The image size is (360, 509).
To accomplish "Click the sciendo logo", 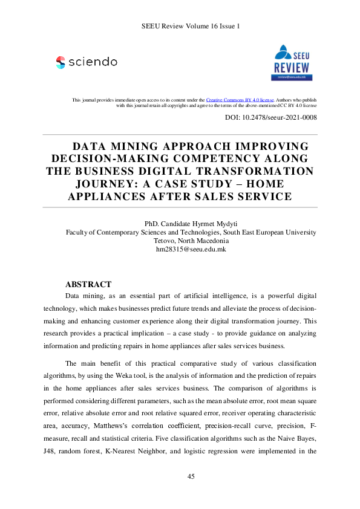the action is pyautogui.click(x=87, y=62).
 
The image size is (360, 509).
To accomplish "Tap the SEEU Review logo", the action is pyautogui.click(x=293, y=62).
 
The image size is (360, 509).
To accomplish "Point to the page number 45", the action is pyautogui.click(x=191, y=477).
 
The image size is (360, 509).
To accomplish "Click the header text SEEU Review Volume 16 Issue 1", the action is pyautogui.click(x=191, y=27).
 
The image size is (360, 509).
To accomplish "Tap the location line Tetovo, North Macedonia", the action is pyautogui.click(x=191, y=240).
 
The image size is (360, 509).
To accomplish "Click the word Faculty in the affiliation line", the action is pyautogui.click(x=79, y=232).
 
